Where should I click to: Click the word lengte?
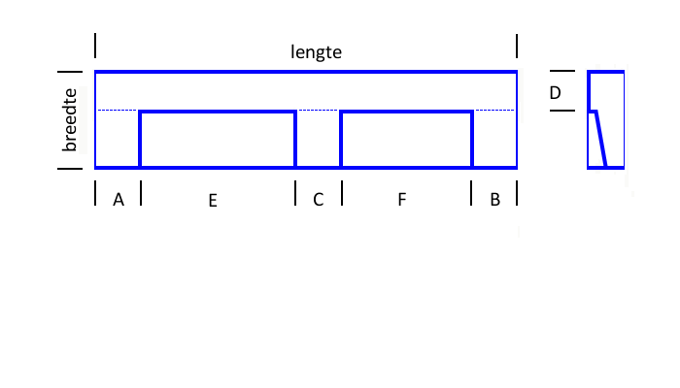[316, 52]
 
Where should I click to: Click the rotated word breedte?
[69, 120]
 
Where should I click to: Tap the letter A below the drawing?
[119, 200]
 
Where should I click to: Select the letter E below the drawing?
[213, 201]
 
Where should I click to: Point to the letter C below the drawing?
[319, 200]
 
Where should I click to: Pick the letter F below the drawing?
[402, 199]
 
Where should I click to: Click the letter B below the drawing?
[494, 199]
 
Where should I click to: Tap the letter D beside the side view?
[555, 93]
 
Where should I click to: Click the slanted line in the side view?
[601, 139]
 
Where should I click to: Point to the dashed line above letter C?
[319, 110]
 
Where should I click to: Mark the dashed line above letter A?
[118, 110]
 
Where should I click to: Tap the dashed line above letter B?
[494, 110]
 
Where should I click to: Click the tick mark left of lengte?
[95, 46]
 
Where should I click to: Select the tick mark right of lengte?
[517, 47]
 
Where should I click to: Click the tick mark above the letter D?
[562, 71]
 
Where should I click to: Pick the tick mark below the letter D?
[562, 111]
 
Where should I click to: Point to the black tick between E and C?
[295, 193]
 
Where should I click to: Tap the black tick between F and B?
[471, 193]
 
